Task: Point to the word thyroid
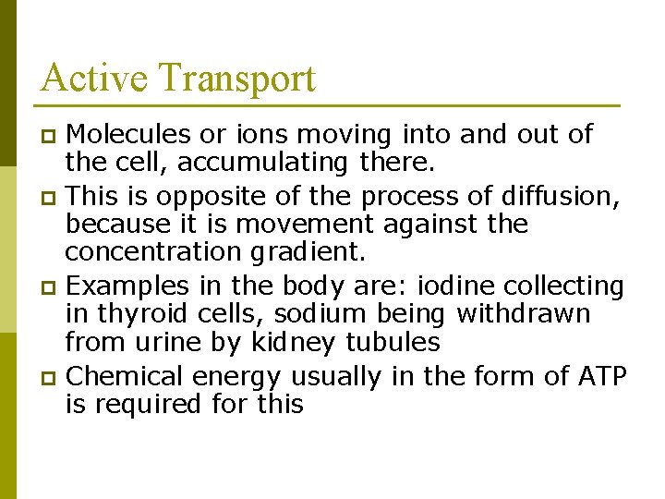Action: point(146,314)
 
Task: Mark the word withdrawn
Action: point(524,314)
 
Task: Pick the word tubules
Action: point(393,343)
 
